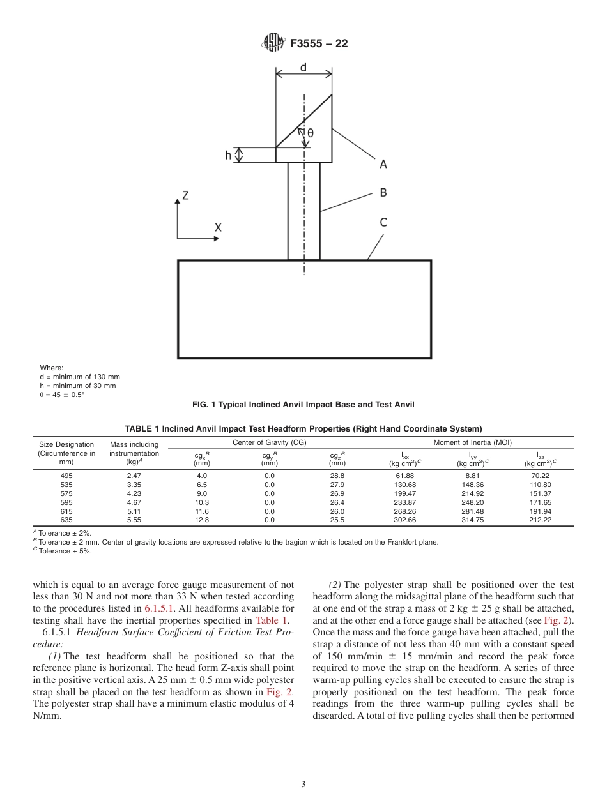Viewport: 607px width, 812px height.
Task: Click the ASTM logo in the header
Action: (x=273, y=43)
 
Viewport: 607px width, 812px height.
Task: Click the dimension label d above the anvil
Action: (x=303, y=67)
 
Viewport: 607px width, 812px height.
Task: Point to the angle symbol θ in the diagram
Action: (x=311, y=133)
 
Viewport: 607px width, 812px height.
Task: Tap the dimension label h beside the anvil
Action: (x=228, y=155)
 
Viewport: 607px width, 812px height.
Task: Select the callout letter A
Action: (x=383, y=164)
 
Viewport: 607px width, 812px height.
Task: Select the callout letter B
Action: (x=383, y=192)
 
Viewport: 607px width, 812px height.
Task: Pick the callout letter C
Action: (x=383, y=222)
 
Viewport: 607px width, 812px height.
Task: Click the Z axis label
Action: (x=185, y=196)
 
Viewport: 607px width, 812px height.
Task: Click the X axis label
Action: (x=218, y=227)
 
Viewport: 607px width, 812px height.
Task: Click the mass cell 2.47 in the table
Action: (x=134, y=476)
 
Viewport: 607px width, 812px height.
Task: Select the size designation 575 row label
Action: (x=66, y=493)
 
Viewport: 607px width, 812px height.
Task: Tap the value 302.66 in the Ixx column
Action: (x=405, y=520)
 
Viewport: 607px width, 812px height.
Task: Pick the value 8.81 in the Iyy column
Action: (x=472, y=476)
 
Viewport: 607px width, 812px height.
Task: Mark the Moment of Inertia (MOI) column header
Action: (x=472, y=442)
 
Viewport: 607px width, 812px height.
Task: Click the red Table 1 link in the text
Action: (x=272, y=620)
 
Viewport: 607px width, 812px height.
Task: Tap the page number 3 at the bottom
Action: (x=303, y=785)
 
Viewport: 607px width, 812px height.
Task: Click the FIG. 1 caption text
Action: (x=303, y=404)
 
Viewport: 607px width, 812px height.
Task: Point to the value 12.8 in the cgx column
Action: (x=202, y=520)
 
